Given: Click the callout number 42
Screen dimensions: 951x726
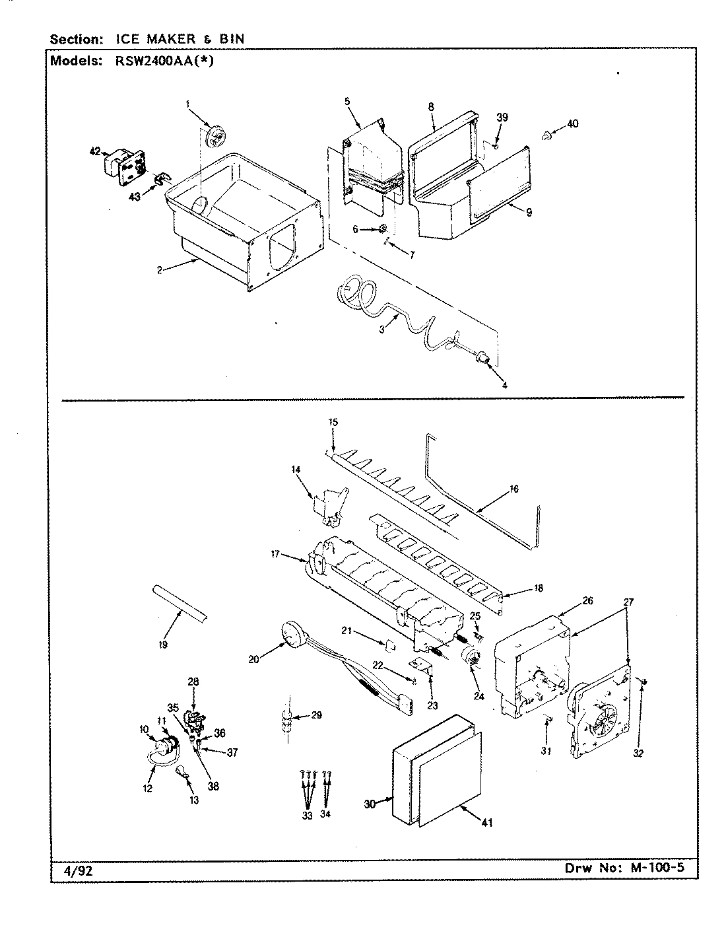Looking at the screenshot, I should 94,151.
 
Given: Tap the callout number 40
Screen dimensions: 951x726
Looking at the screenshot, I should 572,123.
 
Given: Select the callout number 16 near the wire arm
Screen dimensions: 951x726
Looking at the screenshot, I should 514,489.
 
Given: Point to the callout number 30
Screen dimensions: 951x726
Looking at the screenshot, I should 370,804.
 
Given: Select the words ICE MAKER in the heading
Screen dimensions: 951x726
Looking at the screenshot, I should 160,39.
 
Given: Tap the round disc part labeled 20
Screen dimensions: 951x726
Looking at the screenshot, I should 290,635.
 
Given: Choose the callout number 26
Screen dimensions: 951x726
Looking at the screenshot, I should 587,601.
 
